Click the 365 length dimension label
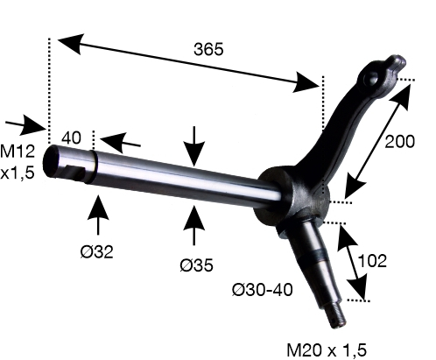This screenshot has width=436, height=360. point(208,49)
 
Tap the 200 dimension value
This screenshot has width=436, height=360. point(399,142)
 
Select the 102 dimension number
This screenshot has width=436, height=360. point(372,261)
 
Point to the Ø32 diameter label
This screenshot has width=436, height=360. point(96,251)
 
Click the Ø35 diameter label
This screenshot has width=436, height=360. point(196,265)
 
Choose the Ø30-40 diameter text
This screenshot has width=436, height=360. point(263,290)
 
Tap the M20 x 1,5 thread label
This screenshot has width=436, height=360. point(327,350)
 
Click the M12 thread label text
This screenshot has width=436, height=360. point(18,152)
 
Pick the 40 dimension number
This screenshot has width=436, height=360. point(72,138)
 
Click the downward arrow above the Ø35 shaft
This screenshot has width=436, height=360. point(194,146)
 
